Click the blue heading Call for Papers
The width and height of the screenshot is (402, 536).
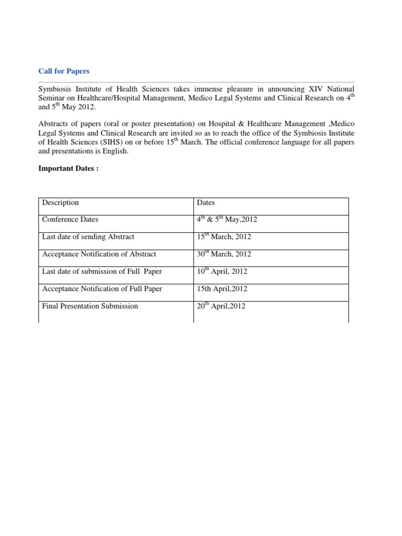(x=64, y=71)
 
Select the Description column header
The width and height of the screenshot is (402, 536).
(x=60, y=203)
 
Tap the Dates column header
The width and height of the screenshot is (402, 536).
(x=206, y=203)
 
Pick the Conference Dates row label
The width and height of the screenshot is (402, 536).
(x=70, y=219)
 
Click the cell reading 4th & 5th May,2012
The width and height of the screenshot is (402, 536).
(x=227, y=219)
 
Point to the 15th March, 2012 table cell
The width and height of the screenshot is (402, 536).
(x=224, y=237)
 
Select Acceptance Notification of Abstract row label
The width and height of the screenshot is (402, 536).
(x=99, y=254)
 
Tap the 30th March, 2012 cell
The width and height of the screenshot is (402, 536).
(x=224, y=254)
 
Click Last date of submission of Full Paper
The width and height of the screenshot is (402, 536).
(x=102, y=271)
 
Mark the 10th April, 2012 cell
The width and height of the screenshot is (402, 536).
(x=222, y=271)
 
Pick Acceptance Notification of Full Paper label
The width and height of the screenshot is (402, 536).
(x=102, y=288)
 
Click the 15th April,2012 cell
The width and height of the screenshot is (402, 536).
(x=222, y=288)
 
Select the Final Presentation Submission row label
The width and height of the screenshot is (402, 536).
(x=90, y=306)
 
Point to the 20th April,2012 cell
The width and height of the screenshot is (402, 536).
(x=221, y=306)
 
